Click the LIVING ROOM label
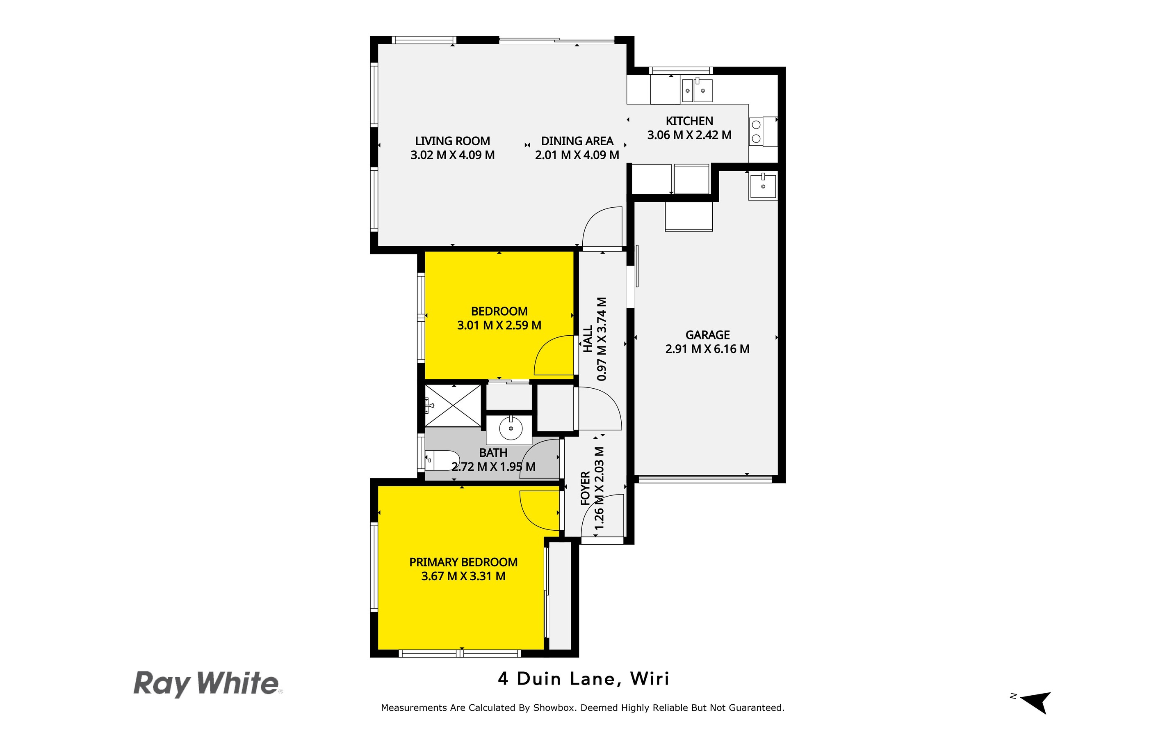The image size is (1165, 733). pyautogui.click(x=452, y=141)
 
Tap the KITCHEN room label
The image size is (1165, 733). pyautogui.click(x=689, y=121)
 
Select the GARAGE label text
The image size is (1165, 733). pyautogui.click(x=707, y=335)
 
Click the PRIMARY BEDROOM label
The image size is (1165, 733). pyautogui.click(x=463, y=562)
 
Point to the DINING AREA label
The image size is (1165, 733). pyautogui.click(x=577, y=141)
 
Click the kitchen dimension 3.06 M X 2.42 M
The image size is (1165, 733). pyautogui.click(x=689, y=135)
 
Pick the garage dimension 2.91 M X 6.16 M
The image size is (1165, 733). pyautogui.click(x=707, y=349)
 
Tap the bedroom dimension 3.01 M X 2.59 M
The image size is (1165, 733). pyautogui.click(x=499, y=325)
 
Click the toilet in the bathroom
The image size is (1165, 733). pyautogui.click(x=443, y=460)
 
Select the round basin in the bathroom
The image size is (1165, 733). pyautogui.click(x=511, y=428)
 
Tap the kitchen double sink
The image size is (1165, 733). pyautogui.click(x=697, y=91)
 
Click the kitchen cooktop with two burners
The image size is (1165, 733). pyautogui.click(x=756, y=132)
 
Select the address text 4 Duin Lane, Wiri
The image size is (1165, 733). pyautogui.click(x=584, y=679)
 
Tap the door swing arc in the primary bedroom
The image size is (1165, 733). pyautogui.click(x=538, y=511)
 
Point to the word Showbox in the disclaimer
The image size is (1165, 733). pyautogui.click(x=554, y=708)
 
